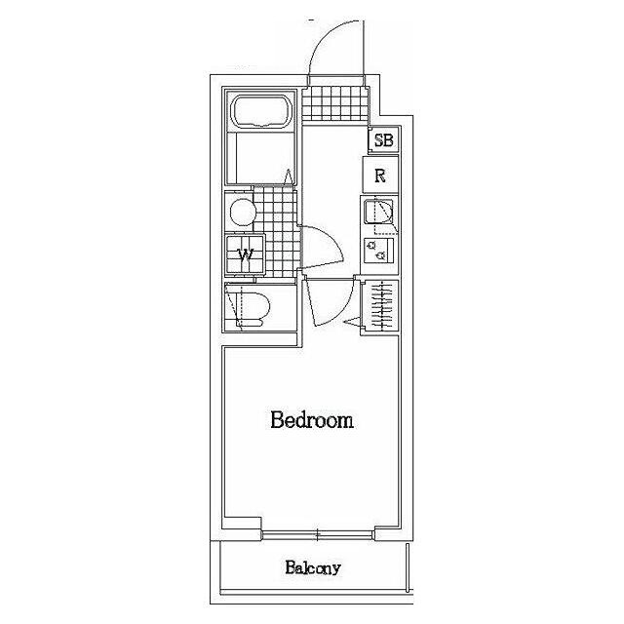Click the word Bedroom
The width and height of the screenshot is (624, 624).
click(x=312, y=420)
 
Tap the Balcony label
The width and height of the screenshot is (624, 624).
click(x=313, y=567)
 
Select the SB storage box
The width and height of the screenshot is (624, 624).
click(x=383, y=140)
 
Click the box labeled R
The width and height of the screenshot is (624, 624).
click(x=380, y=175)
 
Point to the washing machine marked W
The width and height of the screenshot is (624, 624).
click(x=245, y=254)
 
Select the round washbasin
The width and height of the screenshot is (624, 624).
click(x=243, y=212)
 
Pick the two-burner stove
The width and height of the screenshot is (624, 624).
click(x=379, y=251)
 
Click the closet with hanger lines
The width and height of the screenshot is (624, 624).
click(x=379, y=305)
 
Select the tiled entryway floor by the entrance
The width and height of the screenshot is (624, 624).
click(x=334, y=103)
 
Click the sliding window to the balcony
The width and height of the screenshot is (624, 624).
click(x=318, y=534)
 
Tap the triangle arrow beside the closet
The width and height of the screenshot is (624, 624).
click(x=352, y=322)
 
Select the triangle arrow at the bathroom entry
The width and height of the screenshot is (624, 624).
click(x=289, y=177)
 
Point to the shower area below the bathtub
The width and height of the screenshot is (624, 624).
click(x=261, y=158)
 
